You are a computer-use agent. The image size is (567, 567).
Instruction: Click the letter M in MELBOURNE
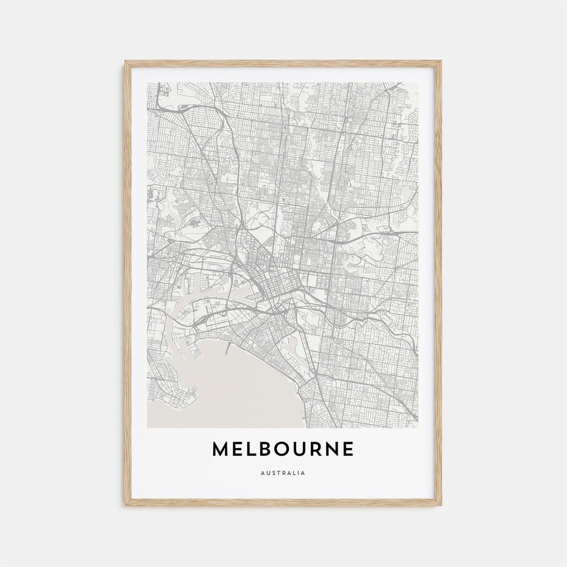tap(221, 449)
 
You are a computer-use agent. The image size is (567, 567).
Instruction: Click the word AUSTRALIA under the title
tap(282, 473)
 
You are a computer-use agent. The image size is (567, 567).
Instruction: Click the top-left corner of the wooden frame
tap(126, 62)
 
